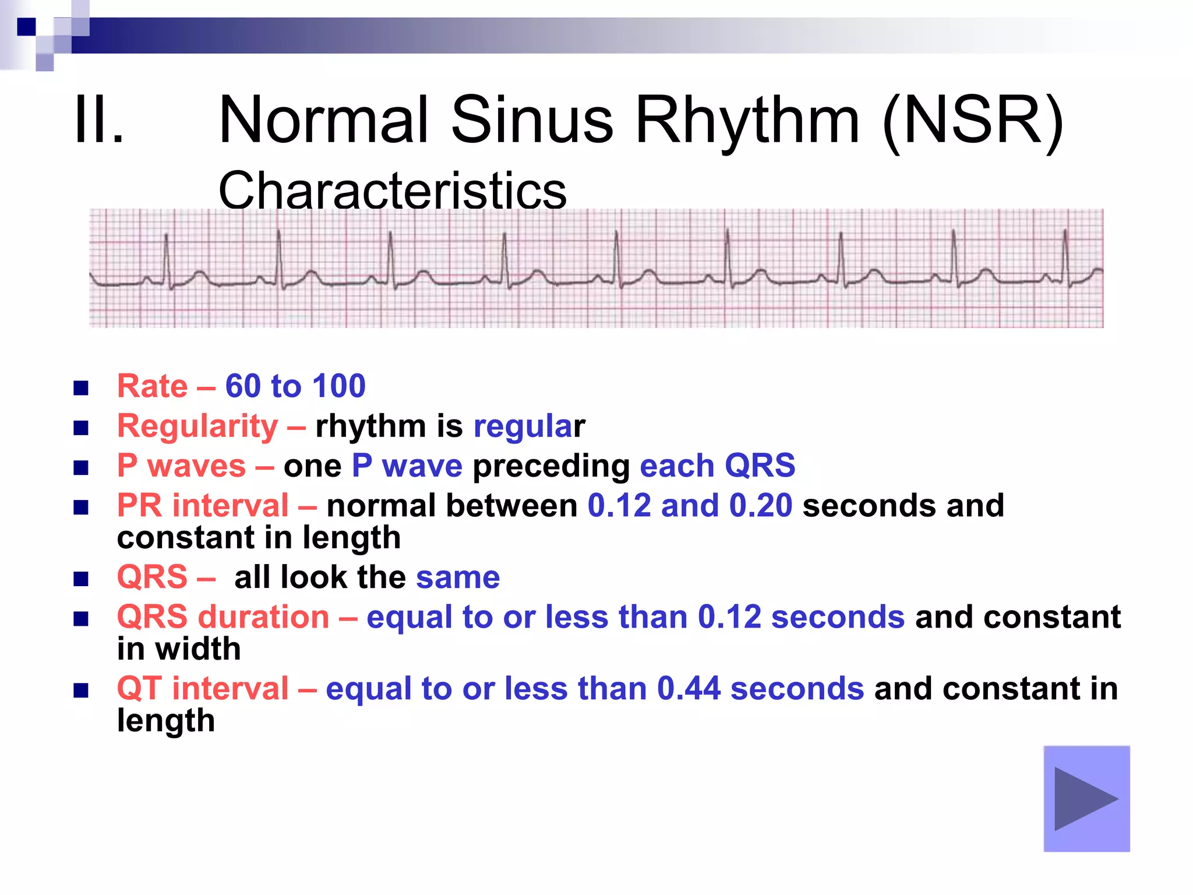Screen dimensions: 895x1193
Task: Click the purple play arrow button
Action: [x=1086, y=798]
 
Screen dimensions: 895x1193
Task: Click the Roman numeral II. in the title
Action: [x=99, y=121]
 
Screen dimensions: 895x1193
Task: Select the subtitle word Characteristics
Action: [x=392, y=191]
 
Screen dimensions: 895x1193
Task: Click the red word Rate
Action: [x=153, y=386]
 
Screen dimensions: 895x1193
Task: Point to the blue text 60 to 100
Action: [x=295, y=386]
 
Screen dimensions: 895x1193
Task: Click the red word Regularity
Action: [x=197, y=426]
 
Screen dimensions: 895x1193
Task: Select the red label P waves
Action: [x=181, y=466]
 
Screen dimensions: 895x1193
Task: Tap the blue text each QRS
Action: [x=717, y=466]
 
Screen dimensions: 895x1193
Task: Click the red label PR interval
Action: [x=203, y=505]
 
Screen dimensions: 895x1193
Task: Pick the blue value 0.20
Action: [x=761, y=505]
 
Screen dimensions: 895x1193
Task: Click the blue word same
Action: [x=458, y=577]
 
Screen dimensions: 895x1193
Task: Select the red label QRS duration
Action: [x=223, y=616]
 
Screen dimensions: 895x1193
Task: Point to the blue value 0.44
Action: [x=689, y=688]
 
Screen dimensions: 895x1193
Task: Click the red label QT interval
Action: [x=203, y=688]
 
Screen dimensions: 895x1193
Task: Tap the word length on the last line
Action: [x=166, y=721]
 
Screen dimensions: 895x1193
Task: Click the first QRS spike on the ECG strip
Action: [x=167, y=256]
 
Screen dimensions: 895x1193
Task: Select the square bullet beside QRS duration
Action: [x=81, y=618]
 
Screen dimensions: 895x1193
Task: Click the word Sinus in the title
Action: [x=532, y=121]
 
